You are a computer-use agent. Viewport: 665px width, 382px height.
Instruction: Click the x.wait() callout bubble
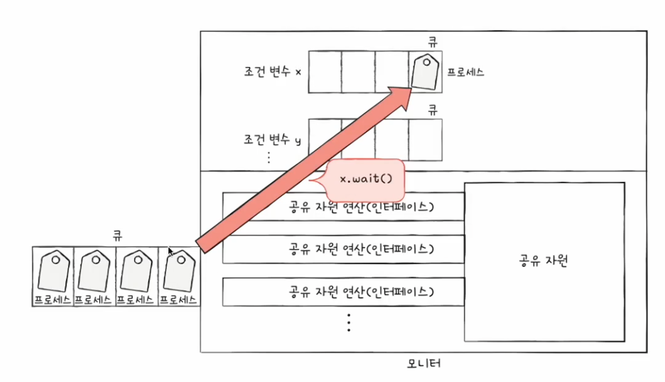click(366, 179)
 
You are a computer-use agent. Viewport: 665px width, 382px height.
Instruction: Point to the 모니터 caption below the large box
click(424, 364)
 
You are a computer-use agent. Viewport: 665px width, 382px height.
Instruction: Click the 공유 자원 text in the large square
click(544, 261)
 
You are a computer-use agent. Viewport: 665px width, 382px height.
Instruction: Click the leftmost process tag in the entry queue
click(54, 271)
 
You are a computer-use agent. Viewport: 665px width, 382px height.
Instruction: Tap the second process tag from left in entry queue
click(95, 271)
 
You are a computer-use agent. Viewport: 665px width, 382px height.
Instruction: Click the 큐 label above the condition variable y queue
click(433, 109)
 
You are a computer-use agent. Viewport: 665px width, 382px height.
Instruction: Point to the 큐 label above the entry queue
click(117, 234)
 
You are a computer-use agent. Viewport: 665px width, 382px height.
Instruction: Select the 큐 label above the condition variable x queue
click(433, 42)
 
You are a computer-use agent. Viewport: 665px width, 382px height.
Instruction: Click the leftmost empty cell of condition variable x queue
click(325, 70)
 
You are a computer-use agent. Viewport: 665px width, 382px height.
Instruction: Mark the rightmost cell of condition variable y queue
click(425, 137)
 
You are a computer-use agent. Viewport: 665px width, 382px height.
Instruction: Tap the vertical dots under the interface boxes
click(348, 323)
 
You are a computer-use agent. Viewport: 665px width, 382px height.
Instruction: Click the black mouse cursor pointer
click(170, 252)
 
